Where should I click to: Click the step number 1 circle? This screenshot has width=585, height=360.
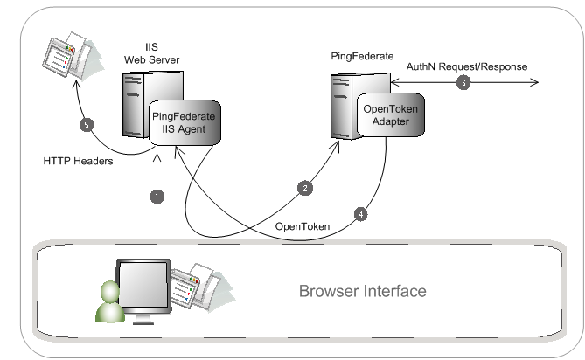click(157, 197)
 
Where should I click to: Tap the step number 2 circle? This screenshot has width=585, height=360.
click(305, 188)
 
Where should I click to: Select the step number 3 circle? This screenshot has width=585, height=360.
click(463, 83)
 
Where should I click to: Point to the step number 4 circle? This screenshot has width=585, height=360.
click(361, 213)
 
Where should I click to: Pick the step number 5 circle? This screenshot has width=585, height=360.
click(87, 125)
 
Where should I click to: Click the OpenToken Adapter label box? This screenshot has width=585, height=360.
click(393, 115)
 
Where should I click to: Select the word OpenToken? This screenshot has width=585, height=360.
click(393, 108)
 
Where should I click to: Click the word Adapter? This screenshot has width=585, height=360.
click(393, 121)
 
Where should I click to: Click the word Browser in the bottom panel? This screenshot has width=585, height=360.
click(329, 291)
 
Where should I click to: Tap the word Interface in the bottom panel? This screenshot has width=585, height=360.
click(394, 291)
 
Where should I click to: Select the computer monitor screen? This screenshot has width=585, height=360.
click(143, 287)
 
